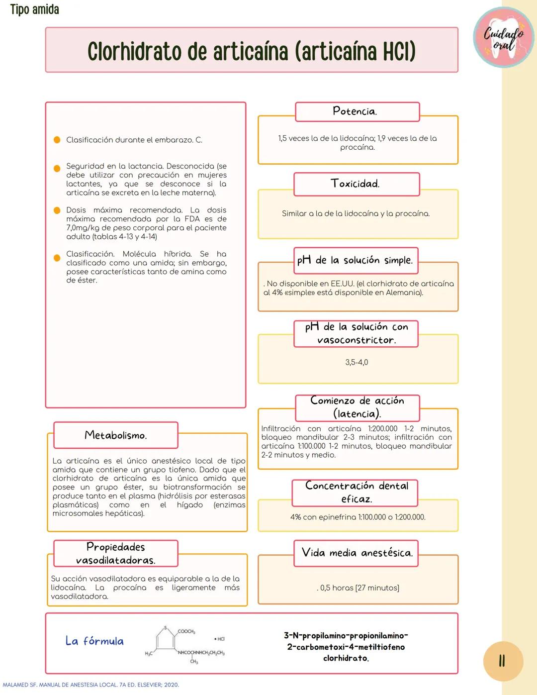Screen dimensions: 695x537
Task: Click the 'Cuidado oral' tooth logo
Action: pyautogui.click(x=503, y=38)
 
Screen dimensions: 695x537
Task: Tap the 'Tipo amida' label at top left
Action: pyautogui.click(x=34, y=9)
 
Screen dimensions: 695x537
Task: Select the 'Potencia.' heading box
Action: pyautogui.click(x=357, y=111)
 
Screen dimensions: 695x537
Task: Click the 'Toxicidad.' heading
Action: pyautogui.click(x=356, y=184)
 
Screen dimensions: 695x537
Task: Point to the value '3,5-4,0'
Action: pyautogui.click(x=357, y=362)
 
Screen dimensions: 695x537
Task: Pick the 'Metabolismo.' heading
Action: pyautogui.click(x=115, y=435)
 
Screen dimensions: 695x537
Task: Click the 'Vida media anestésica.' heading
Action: pyautogui.click(x=357, y=553)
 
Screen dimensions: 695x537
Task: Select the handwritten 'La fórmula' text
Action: pyautogui.click(x=94, y=641)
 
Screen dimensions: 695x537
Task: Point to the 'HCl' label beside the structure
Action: pyautogui.click(x=219, y=639)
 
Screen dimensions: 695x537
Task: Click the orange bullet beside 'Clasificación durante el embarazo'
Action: pyautogui.click(x=57, y=140)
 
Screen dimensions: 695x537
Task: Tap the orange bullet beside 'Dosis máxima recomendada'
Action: pyautogui.click(x=57, y=210)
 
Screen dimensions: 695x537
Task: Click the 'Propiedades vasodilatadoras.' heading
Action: pyautogui.click(x=115, y=553)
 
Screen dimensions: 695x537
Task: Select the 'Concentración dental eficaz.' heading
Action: pyautogui.click(x=356, y=492)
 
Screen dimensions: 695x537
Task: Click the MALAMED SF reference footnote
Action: pyautogui.click(x=91, y=685)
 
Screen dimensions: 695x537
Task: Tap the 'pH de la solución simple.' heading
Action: pyautogui.click(x=355, y=260)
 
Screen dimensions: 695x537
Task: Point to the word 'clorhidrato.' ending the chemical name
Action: pyautogui.click(x=346, y=658)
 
